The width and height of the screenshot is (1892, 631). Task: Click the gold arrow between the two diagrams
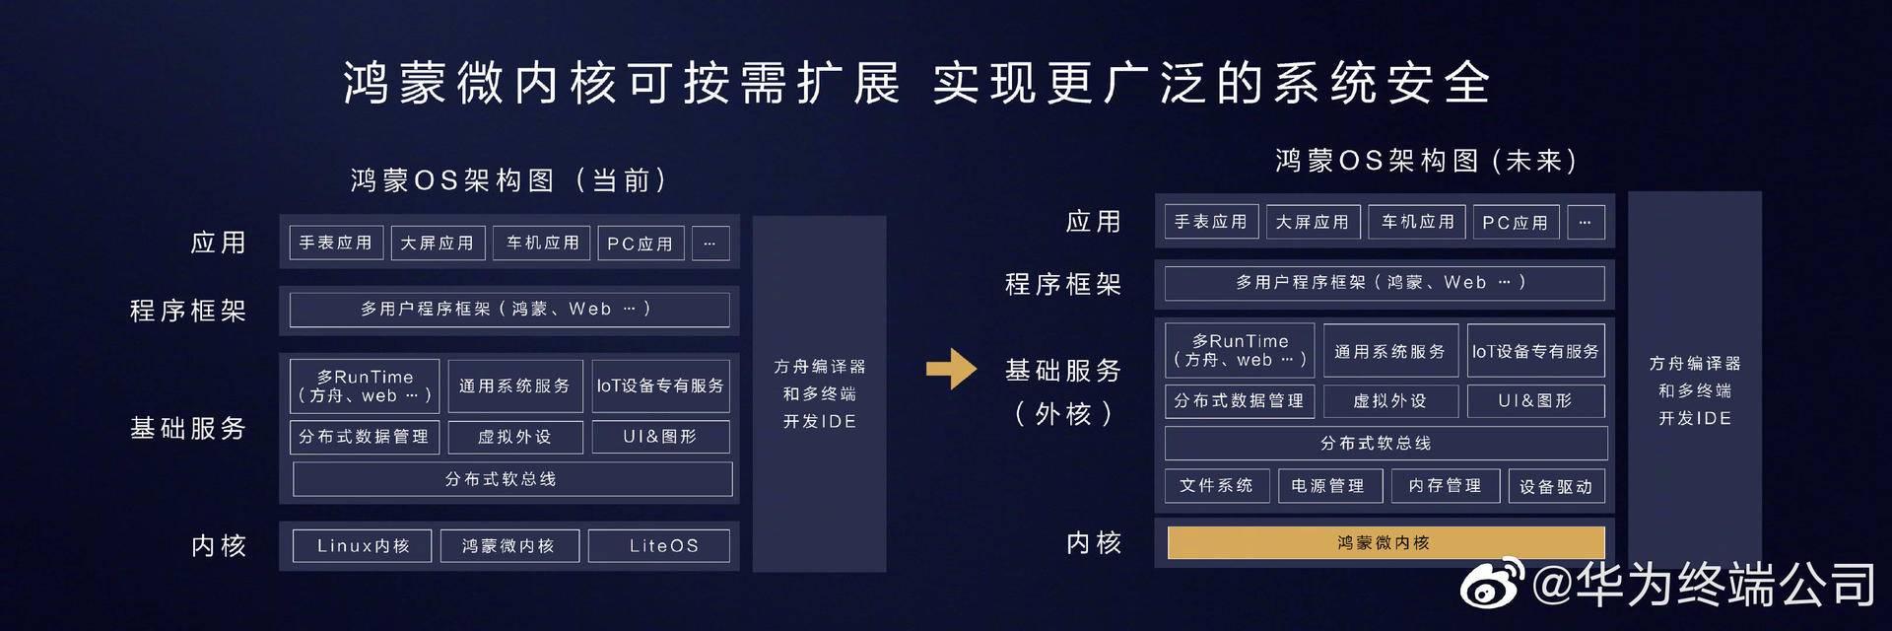[951, 370]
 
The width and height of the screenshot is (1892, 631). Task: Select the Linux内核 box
[362, 545]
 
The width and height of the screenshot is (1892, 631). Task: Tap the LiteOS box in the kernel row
[659, 545]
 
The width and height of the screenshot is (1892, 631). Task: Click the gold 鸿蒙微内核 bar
[1385, 542]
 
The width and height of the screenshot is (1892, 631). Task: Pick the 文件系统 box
[1216, 485]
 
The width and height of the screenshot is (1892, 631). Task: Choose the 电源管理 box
[1327, 485]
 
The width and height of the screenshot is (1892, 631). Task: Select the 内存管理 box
[1445, 485]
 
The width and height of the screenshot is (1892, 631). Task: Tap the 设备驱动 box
[1556, 486]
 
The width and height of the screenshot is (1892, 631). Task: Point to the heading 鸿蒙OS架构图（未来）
[1426, 161]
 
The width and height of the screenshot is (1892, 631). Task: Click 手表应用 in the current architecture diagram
[335, 243]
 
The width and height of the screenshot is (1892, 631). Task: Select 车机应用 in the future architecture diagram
[1417, 222]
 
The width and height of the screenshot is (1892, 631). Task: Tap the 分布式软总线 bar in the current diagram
[511, 479]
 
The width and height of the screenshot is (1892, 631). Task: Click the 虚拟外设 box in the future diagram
[1389, 401]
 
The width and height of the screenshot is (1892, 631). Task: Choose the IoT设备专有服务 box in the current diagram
[660, 386]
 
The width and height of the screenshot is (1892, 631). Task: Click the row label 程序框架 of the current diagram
[188, 311]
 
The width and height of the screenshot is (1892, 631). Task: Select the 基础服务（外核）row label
[1063, 390]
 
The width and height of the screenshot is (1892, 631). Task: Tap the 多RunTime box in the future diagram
[1240, 350]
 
